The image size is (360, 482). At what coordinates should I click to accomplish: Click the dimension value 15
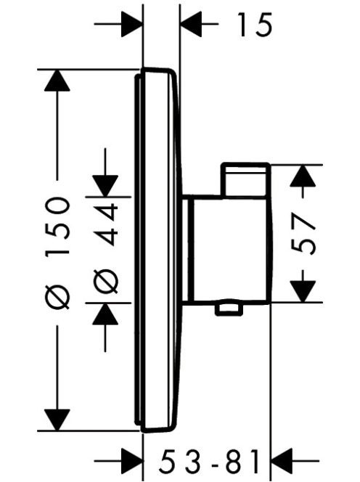[255, 25]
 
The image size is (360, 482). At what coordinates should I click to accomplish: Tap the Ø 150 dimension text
[57, 253]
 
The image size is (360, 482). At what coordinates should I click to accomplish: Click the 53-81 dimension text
[210, 461]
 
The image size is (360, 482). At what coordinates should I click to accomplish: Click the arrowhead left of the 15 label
[191, 24]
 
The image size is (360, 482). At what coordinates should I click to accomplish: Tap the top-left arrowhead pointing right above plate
[132, 24]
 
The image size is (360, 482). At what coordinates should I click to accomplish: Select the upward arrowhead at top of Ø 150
[57, 81]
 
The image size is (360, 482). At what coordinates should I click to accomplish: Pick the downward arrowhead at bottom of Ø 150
[57, 420]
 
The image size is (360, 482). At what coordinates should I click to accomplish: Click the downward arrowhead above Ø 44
[105, 186]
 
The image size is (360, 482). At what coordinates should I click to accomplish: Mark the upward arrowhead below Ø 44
[105, 314]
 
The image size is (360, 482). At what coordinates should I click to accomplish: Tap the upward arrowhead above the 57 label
[303, 176]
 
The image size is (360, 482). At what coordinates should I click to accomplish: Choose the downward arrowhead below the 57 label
[303, 292]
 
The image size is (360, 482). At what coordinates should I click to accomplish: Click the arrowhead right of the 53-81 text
[281, 461]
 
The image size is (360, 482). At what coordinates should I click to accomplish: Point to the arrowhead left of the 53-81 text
[132, 461]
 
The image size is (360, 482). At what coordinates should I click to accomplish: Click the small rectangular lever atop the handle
[245, 179]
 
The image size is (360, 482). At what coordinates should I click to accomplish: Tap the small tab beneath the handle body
[227, 309]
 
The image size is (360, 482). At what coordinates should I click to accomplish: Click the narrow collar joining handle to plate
[187, 249]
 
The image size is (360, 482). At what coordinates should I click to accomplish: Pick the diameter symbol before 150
[57, 297]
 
